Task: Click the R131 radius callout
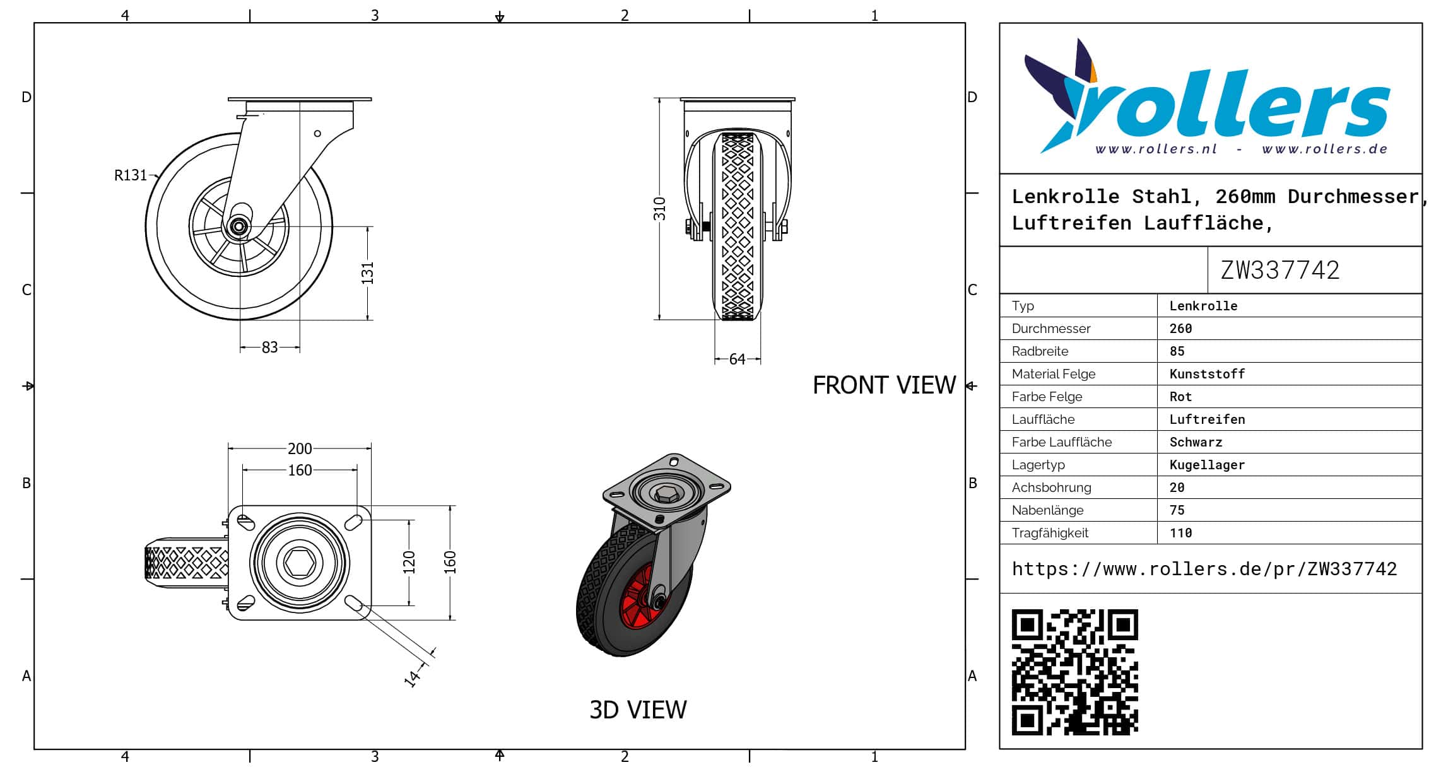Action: pos(130,175)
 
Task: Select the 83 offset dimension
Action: pos(269,348)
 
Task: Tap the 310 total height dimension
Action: pos(659,209)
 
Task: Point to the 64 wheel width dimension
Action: pos(737,360)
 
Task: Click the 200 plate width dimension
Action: pos(300,448)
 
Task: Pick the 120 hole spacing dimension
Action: pos(409,562)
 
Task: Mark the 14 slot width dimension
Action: pos(412,678)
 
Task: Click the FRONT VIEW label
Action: pos(884,385)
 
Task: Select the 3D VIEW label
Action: pos(638,710)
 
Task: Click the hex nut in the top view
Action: pos(300,562)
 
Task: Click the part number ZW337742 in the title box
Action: pos(1279,271)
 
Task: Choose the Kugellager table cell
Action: pos(1207,465)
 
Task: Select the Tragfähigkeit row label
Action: pos(1050,533)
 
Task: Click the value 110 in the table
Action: pos(1180,533)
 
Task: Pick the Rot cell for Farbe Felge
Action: pos(1180,397)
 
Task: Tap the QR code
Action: pos(1074,672)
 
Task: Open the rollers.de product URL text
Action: pos(1204,569)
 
